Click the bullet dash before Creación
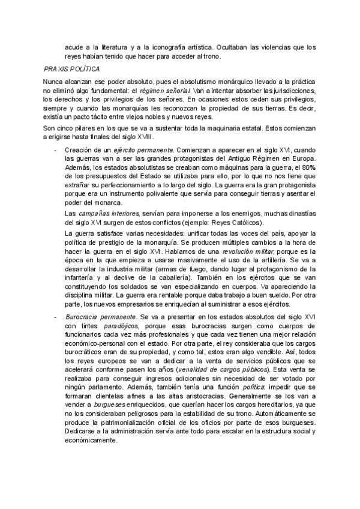(x=56, y=148)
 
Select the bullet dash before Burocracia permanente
(x=56, y=316)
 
